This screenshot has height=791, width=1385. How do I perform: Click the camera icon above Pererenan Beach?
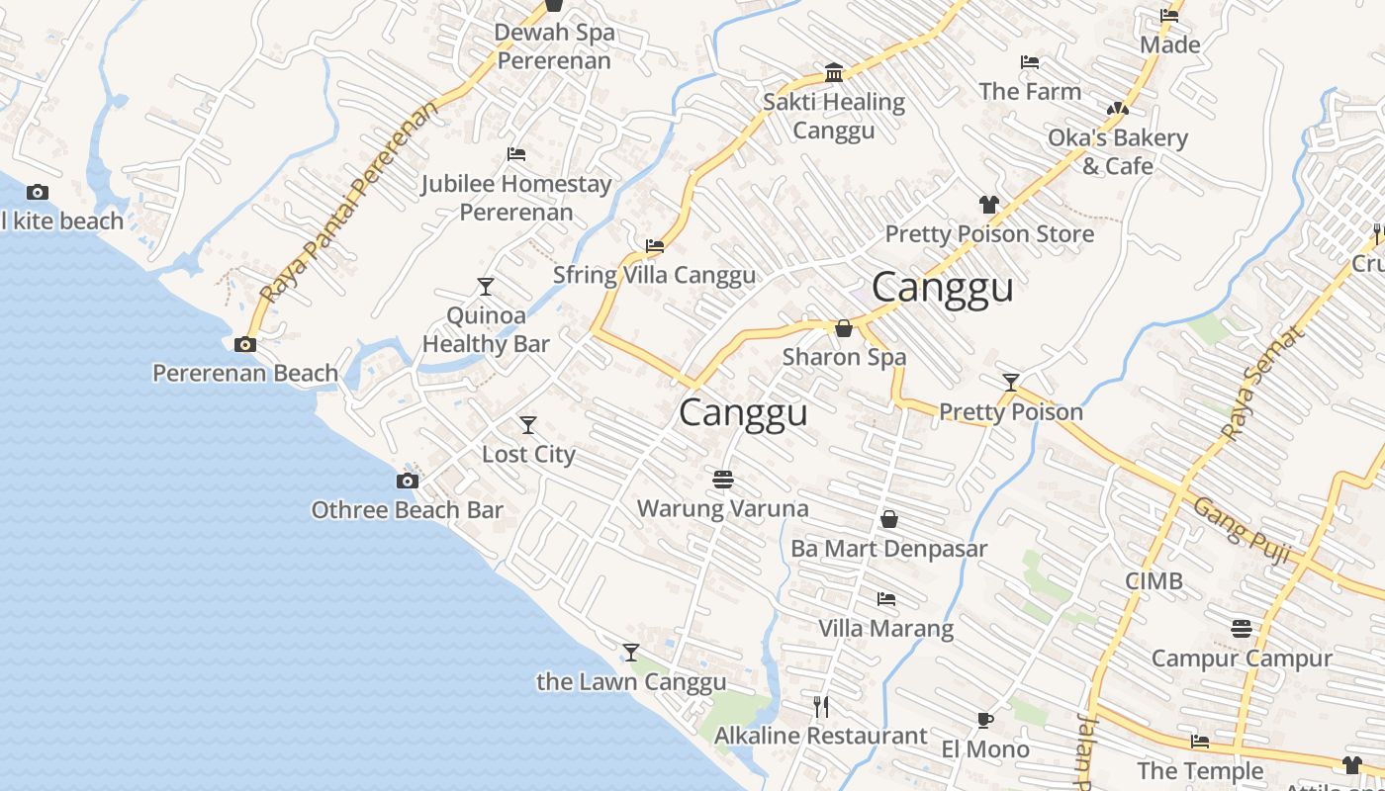244,344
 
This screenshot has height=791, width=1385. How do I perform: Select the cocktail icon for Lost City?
528,425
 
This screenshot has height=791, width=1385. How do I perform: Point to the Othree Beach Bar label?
407,510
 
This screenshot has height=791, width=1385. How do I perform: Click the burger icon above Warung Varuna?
723,480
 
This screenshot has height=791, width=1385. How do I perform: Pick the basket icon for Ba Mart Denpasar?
889,519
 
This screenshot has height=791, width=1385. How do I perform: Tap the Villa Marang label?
885,628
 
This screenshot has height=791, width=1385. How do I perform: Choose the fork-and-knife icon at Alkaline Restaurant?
820,706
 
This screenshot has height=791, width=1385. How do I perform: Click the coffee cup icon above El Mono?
984,720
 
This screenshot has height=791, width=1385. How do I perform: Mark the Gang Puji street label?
1242,532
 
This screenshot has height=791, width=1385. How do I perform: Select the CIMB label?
1154,580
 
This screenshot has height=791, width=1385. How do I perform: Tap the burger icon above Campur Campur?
1242,629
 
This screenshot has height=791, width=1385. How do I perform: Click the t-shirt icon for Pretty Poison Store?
988,205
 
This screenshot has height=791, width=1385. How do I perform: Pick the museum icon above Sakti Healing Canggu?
834,73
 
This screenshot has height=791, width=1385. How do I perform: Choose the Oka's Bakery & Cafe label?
1118,151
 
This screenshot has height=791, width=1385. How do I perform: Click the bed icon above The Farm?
1030,62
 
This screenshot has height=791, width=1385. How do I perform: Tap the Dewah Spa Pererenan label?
554,45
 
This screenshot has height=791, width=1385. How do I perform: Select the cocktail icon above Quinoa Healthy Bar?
485,287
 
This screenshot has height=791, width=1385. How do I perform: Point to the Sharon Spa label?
844,356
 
